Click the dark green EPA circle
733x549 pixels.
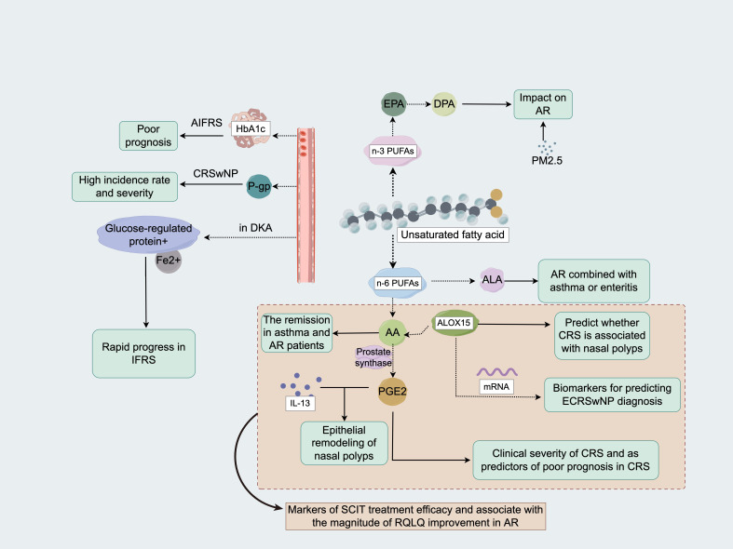393,104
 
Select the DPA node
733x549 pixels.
443,104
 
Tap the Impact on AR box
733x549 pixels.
543,104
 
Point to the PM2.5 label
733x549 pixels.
547,161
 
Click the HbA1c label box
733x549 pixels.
251,128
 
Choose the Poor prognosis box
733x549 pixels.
148,136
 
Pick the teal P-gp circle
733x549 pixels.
259,186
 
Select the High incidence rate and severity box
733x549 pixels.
125,187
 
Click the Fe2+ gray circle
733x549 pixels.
169,261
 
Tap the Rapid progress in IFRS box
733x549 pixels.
143,354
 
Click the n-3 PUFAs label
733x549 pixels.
393,152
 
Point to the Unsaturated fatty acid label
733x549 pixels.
453,234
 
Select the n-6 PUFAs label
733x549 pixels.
398,283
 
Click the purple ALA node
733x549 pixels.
493,280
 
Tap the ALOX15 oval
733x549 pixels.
454,323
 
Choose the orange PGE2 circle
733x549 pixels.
392,391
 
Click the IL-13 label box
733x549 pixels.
300,403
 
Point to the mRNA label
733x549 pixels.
496,386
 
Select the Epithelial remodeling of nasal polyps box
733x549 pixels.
344,443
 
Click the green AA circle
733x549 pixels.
392,332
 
